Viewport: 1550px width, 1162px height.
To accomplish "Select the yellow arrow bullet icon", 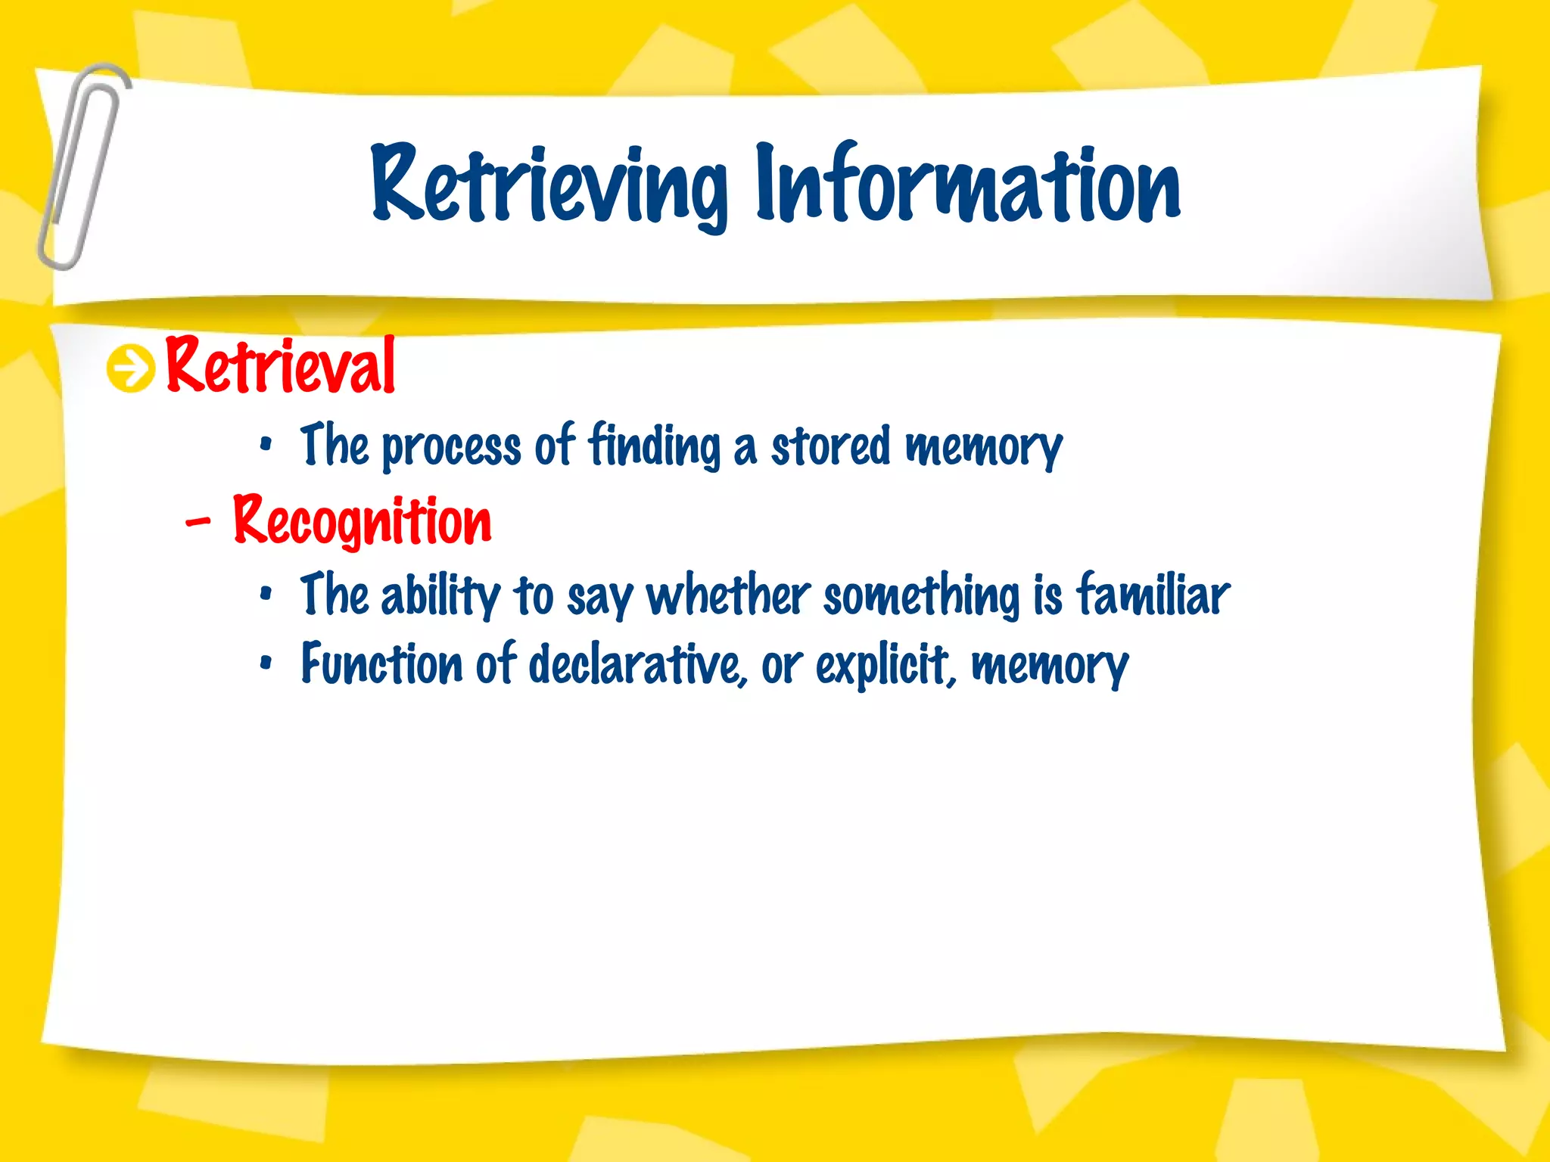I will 130,368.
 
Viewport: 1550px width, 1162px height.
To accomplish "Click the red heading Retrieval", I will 280,366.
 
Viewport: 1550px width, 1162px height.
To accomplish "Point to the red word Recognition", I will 362,521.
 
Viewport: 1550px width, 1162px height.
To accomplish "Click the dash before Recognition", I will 198,521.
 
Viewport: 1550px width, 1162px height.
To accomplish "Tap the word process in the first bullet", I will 451,447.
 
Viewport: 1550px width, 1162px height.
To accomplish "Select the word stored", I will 830,446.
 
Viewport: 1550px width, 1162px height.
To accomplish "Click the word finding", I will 655,446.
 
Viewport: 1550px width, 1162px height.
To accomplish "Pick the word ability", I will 440,597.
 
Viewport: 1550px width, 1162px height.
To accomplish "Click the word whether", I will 728,595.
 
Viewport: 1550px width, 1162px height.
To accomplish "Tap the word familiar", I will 1153,595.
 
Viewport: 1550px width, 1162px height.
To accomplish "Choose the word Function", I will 381,664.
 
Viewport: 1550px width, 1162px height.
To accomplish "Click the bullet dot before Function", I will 265,663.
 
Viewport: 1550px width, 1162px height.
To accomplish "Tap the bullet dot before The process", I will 265,445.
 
